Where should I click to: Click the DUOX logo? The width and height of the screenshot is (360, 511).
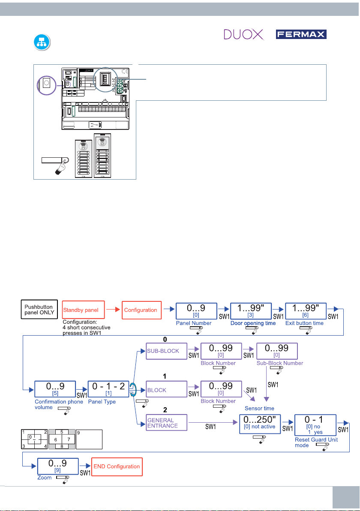click(244, 34)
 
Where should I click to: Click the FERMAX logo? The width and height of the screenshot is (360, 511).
click(301, 34)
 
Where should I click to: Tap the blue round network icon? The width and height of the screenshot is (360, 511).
click(42, 42)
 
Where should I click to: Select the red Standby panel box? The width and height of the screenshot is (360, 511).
click(84, 310)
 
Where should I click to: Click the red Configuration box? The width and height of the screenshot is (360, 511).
click(142, 310)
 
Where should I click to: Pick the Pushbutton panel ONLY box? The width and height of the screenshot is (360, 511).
click(39, 309)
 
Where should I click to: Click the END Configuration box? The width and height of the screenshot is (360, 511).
click(117, 467)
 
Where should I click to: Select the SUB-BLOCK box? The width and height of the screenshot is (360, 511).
click(166, 351)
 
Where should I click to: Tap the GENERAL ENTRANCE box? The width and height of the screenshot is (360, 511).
click(166, 423)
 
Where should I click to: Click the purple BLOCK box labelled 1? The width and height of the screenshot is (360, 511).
click(166, 389)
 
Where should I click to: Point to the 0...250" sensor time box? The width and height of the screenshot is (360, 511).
click(260, 424)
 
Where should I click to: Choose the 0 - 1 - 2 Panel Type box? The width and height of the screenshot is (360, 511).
click(108, 389)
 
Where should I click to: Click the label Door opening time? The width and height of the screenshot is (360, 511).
click(253, 323)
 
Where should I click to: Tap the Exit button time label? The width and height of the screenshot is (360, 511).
click(304, 323)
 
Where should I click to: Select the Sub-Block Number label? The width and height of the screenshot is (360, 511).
click(280, 363)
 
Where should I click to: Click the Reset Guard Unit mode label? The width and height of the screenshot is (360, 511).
click(316, 442)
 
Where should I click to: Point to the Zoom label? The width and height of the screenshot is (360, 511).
click(44, 478)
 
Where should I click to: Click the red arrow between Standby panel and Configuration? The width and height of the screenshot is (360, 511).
click(113, 310)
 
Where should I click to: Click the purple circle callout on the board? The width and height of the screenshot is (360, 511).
click(47, 85)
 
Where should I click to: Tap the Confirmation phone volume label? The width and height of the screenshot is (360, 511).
click(59, 404)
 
